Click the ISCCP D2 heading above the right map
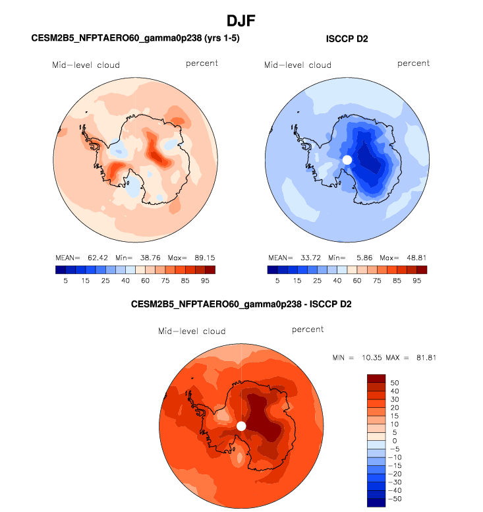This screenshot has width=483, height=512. pyautogui.click(x=347, y=40)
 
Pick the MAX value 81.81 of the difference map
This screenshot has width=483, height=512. pyautogui.click(x=425, y=358)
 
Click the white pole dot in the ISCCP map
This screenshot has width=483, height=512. pyautogui.click(x=347, y=160)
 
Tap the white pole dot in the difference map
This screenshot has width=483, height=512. pyautogui.click(x=241, y=426)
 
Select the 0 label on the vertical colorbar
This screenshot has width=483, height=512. pyautogui.click(x=394, y=441)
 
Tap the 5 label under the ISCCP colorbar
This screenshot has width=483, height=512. pyautogui.click(x=277, y=279)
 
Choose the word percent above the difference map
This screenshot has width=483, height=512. pyautogui.click(x=307, y=329)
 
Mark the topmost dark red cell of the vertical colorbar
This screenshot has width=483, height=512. pyautogui.click(x=375, y=378)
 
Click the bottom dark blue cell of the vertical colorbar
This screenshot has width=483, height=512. pyautogui.click(x=375, y=503)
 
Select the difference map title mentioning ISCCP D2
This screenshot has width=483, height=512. pyautogui.click(x=241, y=305)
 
